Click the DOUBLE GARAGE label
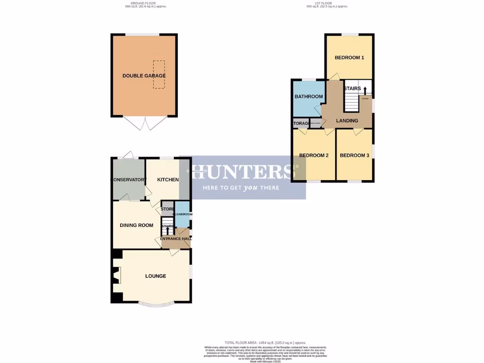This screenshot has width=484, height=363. point(144,76)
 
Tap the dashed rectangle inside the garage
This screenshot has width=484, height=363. point(159,75)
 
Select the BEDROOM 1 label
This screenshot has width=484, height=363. point(349,58)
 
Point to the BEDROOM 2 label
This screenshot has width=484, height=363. point(314,156)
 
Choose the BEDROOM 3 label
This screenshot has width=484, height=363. point(354,156)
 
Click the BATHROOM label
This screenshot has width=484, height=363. point(309,96)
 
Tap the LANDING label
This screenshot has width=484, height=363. point(347,121)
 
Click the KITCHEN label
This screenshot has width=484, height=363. point(168,180)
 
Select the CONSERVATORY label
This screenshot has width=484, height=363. point(128,180)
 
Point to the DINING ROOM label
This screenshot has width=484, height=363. point(137,225)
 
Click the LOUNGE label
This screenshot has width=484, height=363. point(156,276)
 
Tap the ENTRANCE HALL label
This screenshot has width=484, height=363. point(175,239)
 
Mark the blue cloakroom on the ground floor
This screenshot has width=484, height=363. point(182,214)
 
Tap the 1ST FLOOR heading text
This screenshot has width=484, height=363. point(326,4)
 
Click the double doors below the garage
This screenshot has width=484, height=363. point(144,123)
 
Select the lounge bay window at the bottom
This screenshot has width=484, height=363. point(156,304)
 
